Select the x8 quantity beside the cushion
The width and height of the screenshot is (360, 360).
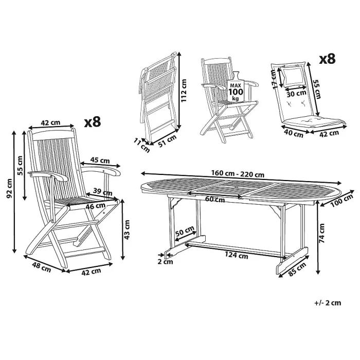327,59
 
